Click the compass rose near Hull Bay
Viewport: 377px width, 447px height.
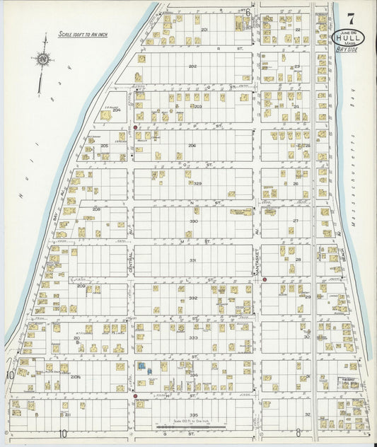tap(44, 61)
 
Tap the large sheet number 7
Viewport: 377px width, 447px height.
tap(352, 13)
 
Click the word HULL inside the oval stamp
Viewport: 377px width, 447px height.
tap(345, 37)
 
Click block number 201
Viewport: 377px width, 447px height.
tap(204, 30)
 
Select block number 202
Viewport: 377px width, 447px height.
tap(192, 66)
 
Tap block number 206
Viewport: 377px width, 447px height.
tap(192, 145)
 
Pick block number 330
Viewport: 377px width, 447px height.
tap(192, 221)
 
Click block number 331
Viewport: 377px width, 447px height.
tap(192, 260)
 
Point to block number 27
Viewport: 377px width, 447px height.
tap(296, 221)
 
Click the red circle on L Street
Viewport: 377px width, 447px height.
tap(265, 279)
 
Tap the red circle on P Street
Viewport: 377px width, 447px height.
tap(134, 128)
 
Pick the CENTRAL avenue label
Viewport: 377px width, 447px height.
tap(131, 263)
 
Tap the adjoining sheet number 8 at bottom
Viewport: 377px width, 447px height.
tap(298, 434)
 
